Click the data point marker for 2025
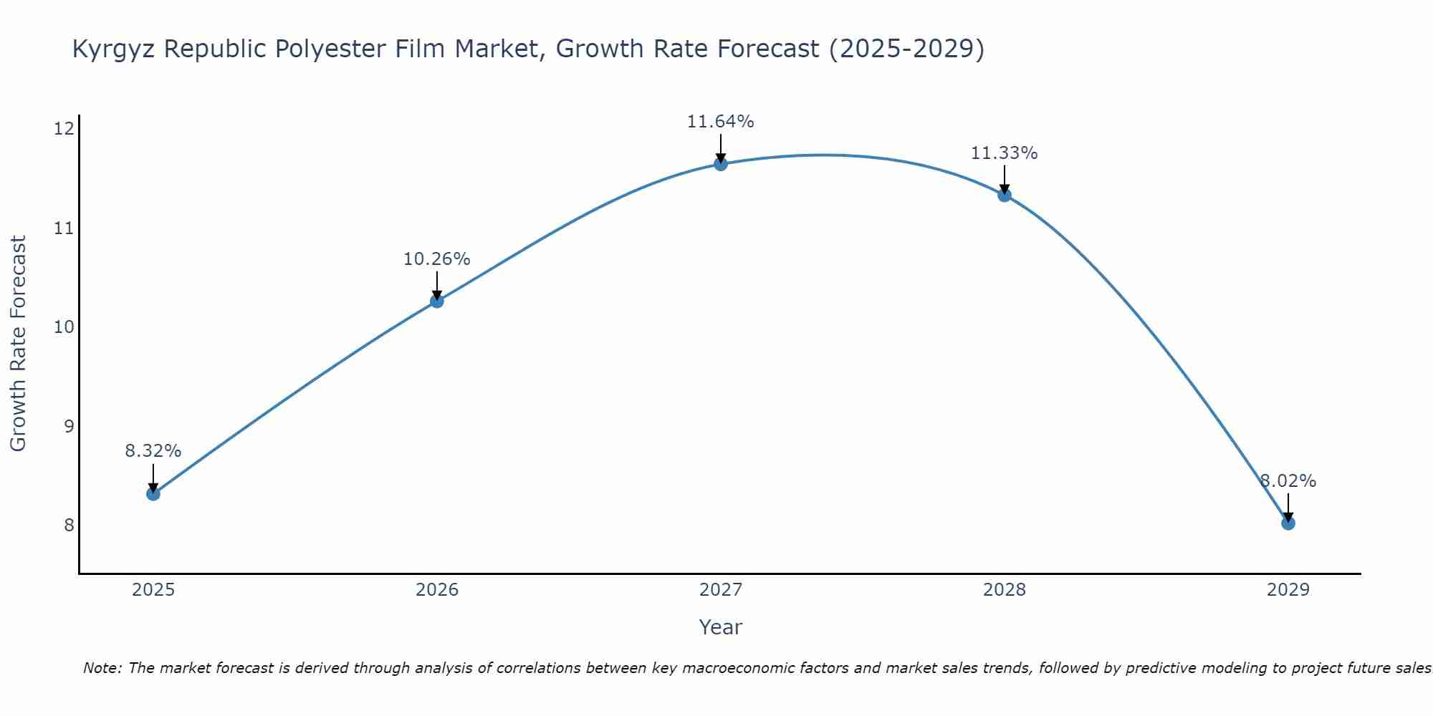click(153, 493)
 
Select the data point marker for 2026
click(437, 301)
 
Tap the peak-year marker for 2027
click(721, 164)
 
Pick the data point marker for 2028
click(1005, 195)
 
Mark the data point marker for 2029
click(1288, 523)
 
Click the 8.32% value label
click(153, 451)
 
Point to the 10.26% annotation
click(437, 259)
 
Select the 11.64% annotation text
click(721, 122)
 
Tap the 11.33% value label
click(1005, 153)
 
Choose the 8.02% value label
click(1288, 481)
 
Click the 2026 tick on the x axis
click(437, 590)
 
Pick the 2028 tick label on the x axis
click(1005, 590)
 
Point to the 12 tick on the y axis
click(64, 129)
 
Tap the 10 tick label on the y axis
click(64, 327)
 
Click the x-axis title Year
click(721, 627)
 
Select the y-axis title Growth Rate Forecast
click(19, 344)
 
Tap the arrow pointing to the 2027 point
click(721, 149)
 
